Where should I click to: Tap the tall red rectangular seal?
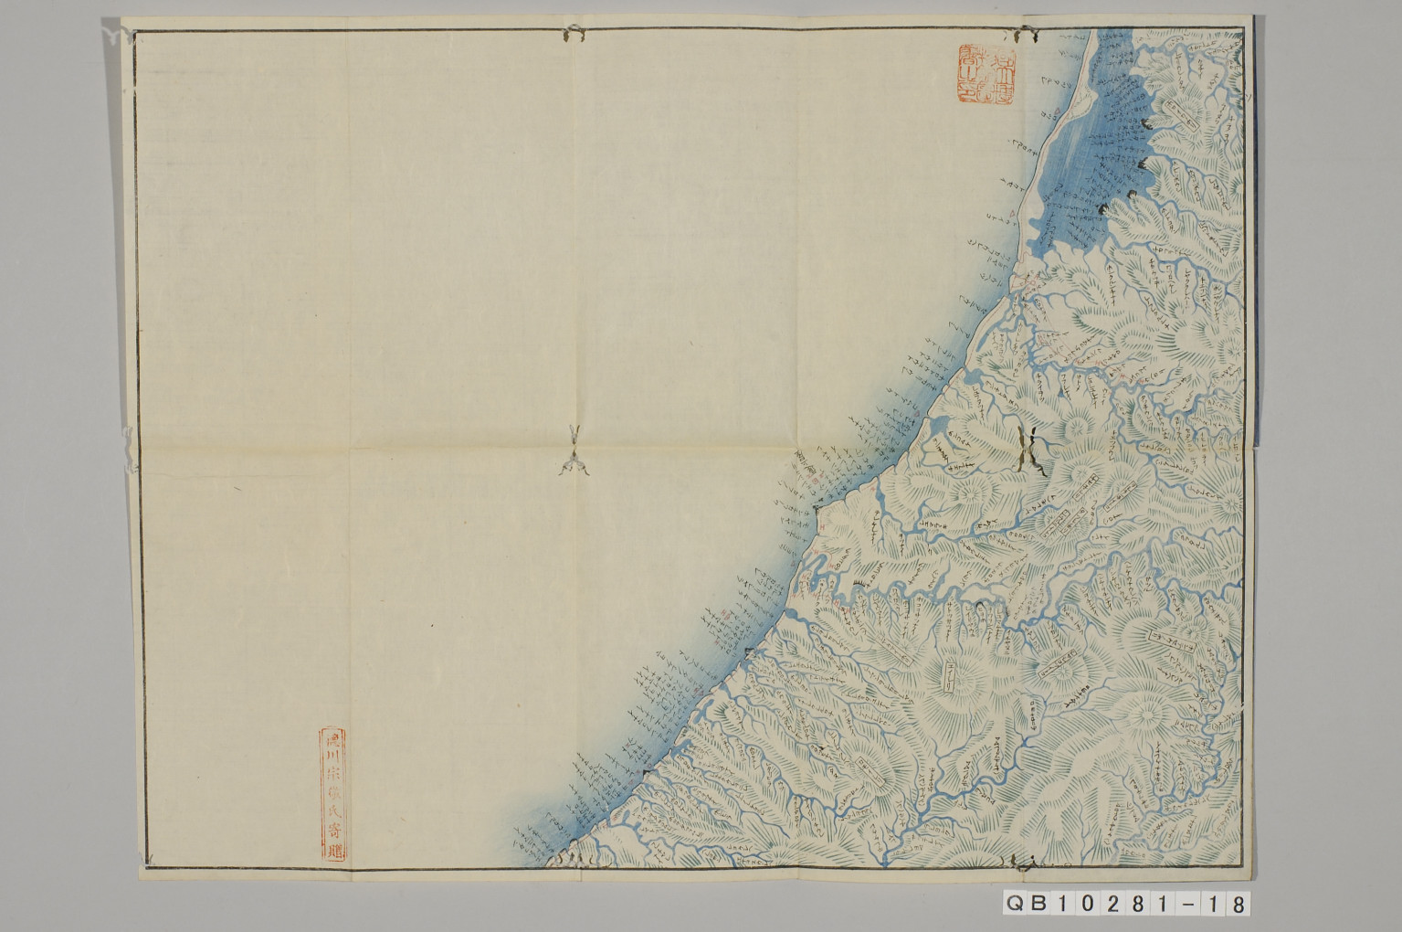tap(329, 793)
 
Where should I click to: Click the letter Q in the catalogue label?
tap(1015, 904)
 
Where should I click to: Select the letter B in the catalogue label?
tap(1041, 904)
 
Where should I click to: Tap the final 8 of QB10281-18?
tap(1236, 904)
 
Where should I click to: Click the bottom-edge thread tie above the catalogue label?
tap(1022, 862)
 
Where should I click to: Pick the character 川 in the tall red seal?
tap(329, 757)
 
